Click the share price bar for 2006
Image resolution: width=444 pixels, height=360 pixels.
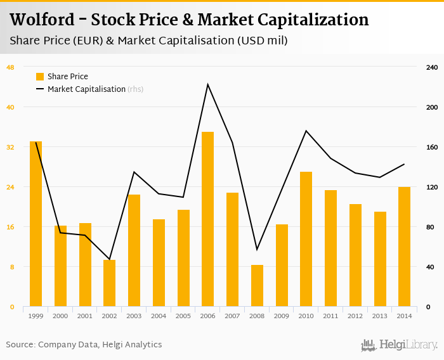(207, 219)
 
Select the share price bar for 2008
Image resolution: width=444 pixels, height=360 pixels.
(257, 286)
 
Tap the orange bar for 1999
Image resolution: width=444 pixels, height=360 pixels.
(36, 224)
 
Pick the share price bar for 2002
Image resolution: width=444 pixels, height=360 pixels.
(110, 283)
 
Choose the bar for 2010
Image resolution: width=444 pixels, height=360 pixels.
(306, 240)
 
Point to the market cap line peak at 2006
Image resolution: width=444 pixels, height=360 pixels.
(207, 84)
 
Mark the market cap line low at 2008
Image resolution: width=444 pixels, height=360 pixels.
(257, 250)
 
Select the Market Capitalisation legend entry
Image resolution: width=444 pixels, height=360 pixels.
(86, 89)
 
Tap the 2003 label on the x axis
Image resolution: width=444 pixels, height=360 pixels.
(134, 316)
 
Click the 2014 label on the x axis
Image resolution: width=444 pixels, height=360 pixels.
(404, 316)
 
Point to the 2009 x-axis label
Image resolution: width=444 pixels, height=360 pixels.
(281, 316)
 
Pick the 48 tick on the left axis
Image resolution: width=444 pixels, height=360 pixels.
(11, 67)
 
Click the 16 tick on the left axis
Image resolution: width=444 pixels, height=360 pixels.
(11, 227)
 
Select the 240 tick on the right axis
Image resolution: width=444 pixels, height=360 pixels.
(431, 67)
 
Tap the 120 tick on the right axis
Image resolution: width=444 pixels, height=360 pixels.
(431, 187)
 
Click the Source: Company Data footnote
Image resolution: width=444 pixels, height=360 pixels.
(84, 345)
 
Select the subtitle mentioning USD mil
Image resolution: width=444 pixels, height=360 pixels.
(148, 41)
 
